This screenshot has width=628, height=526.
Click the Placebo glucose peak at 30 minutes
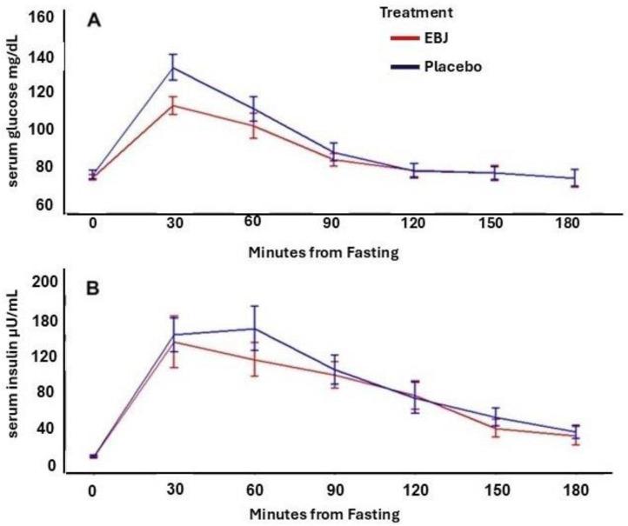point(173,67)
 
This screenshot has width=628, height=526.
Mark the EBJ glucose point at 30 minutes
point(173,105)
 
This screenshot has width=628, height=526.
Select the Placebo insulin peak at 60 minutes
point(254,328)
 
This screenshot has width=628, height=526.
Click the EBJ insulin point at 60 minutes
point(254,359)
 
